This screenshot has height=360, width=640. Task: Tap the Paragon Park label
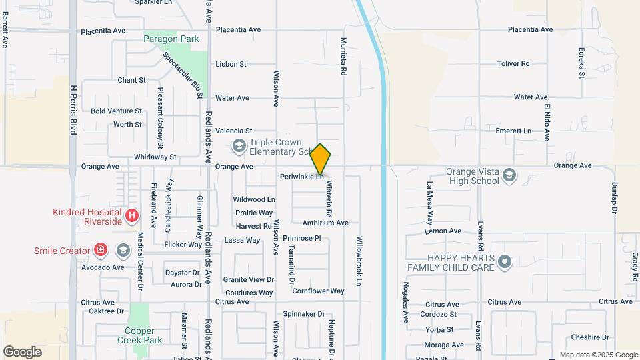click(x=171, y=39)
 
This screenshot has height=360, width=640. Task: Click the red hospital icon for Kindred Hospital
click(x=132, y=216)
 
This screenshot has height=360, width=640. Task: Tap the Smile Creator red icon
click(x=101, y=251)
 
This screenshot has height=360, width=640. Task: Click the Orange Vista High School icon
click(x=509, y=175)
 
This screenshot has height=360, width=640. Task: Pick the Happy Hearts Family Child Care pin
click(x=505, y=262)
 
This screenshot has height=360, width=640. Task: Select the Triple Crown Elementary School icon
click(x=238, y=145)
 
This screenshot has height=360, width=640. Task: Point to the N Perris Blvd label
click(x=74, y=110)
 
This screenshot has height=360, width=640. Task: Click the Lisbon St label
click(x=231, y=64)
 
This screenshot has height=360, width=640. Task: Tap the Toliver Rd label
click(x=513, y=63)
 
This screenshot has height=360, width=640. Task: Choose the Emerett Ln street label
click(x=513, y=131)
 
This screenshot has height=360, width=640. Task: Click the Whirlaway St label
click(x=155, y=157)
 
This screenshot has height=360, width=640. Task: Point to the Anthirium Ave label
click(x=325, y=223)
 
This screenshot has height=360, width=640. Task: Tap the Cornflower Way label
click(x=318, y=291)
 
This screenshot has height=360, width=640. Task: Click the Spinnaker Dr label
click(x=303, y=314)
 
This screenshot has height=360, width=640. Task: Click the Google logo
click(x=22, y=351)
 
